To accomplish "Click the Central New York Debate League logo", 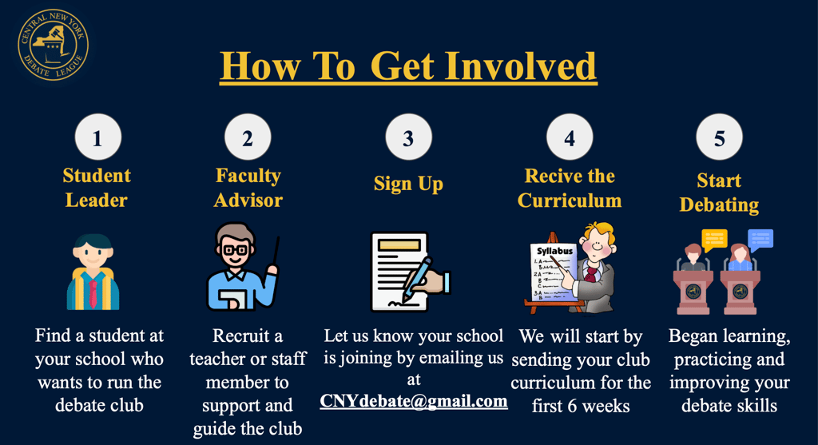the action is (54, 45).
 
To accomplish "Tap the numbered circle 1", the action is (98, 137).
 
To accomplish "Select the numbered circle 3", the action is (408, 137).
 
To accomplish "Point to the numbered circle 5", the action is (719, 137).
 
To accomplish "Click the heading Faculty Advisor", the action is (248, 188).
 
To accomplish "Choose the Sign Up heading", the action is (408, 185).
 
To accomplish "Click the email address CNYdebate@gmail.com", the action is (414, 400).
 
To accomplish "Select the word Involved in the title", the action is (520, 66).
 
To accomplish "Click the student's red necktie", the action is (93, 294).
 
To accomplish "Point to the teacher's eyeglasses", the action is (236, 250).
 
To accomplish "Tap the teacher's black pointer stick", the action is (276, 251).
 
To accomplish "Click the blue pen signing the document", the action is (416, 279).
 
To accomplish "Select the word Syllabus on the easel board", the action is (555, 251).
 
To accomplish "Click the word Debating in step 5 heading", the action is (719, 205).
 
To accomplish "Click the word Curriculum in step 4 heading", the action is (569, 201).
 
